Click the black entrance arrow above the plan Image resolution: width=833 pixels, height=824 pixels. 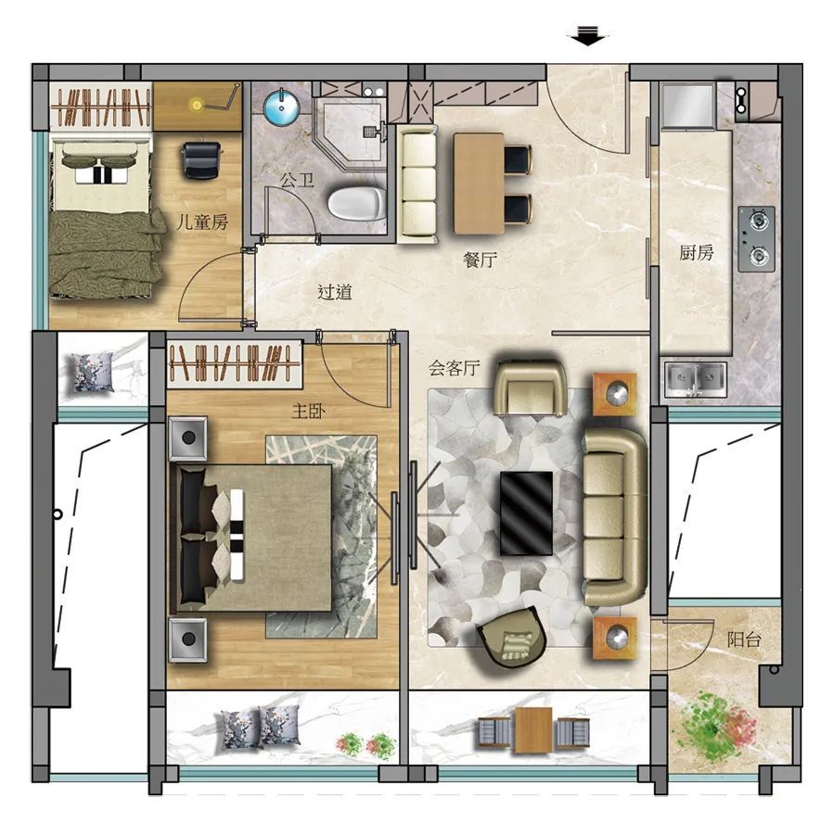point(587,35)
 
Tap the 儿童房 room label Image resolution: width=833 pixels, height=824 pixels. point(202,222)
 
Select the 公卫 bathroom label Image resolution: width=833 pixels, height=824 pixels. point(297,181)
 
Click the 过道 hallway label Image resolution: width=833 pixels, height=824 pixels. point(335,292)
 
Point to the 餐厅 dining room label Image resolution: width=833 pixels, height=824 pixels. point(481,260)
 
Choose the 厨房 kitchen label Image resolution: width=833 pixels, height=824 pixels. point(696,253)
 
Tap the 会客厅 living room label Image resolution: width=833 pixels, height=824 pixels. point(455,368)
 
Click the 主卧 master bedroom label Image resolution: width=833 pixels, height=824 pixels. point(309,411)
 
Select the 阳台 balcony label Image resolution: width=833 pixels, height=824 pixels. point(744,640)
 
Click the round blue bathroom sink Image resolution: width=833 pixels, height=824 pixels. point(282,108)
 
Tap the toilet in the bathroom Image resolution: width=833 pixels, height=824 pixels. point(356,203)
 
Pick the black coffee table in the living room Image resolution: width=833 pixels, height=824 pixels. point(527,513)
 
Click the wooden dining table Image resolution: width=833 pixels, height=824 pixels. point(479,184)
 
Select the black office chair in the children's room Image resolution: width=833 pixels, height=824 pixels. point(201,159)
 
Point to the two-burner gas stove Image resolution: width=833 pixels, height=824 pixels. point(757,239)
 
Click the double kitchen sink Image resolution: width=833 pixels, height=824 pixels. point(695,379)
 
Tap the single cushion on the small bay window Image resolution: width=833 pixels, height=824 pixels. point(93,373)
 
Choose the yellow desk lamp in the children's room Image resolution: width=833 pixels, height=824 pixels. point(197,105)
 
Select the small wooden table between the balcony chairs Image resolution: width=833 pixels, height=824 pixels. point(533,730)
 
